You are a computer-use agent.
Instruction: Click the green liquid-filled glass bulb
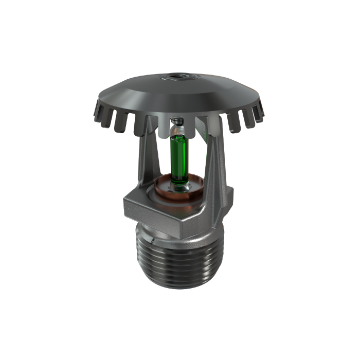click(x=179, y=157)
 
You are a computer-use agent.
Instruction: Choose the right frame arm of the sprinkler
click(x=216, y=154)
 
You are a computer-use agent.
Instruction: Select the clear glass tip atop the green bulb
click(x=177, y=131)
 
